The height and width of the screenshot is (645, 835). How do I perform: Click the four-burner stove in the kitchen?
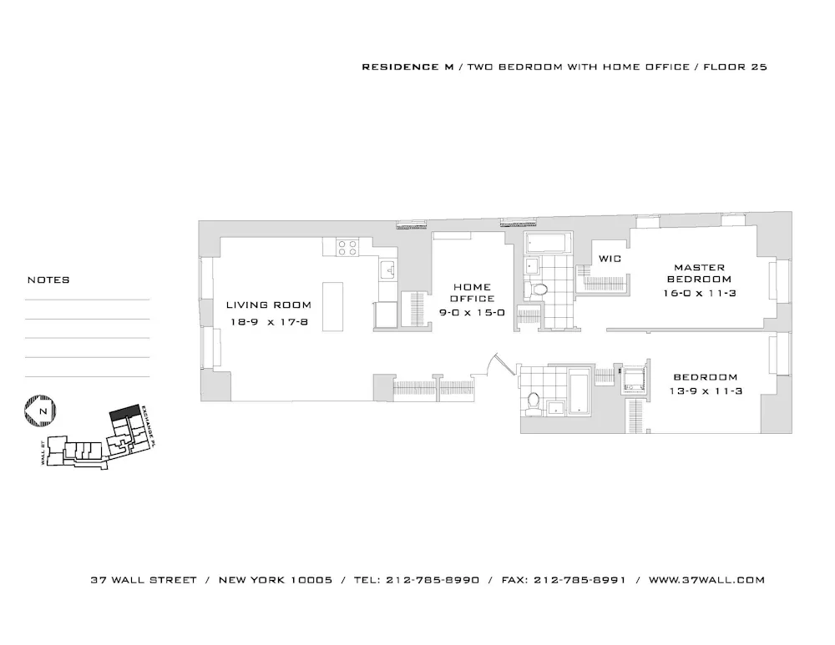(x=347, y=247)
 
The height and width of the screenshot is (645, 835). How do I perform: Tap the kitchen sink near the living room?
(x=387, y=270)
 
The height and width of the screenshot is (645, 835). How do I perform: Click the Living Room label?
(x=269, y=305)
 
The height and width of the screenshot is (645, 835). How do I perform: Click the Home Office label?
(x=473, y=292)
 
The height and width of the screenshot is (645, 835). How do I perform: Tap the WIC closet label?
(x=610, y=259)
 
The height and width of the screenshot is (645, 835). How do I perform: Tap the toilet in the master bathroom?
(x=539, y=290)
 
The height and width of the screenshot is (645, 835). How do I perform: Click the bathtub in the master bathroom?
(x=548, y=244)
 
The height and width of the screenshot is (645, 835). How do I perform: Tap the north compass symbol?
(x=40, y=411)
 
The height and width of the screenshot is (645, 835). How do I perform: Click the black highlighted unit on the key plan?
(x=125, y=413)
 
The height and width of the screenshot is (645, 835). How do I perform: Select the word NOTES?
(x=48, y=280)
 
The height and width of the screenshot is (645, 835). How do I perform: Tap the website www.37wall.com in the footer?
(x=706, y=580)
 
